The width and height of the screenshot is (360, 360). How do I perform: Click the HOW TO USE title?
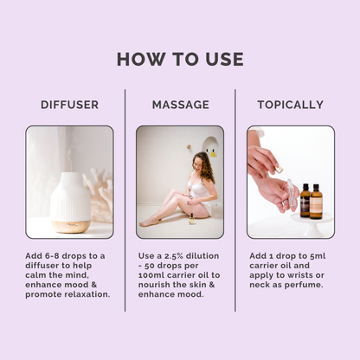coord(180,59)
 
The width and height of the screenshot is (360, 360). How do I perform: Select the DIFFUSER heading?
coord(69,105)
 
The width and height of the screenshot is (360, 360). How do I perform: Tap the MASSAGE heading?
coord(180,105)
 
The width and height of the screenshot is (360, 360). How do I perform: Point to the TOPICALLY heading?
coord(290,105)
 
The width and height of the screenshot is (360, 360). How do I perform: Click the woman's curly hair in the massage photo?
coord(205,165)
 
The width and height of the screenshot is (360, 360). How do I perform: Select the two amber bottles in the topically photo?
coord(310,201)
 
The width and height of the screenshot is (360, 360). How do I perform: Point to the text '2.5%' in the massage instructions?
coord(181,256)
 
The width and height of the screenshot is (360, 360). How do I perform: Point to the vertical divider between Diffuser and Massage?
coord(125,199)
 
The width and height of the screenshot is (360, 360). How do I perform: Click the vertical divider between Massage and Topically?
coord(235,199)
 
